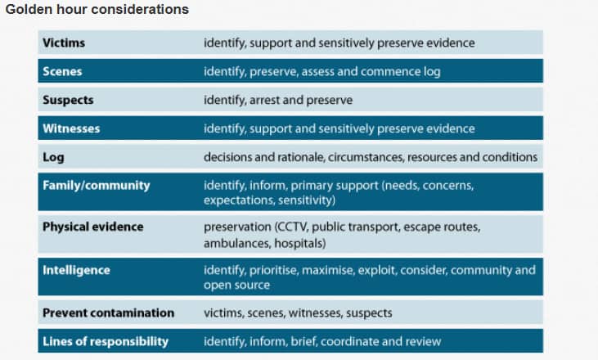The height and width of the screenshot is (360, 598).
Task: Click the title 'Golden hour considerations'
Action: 97,9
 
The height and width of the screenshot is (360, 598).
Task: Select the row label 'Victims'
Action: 64,43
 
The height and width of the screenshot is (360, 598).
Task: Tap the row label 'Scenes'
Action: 62,71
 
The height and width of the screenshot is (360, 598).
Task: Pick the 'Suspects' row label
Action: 68,100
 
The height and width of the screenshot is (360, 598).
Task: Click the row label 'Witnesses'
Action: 71,128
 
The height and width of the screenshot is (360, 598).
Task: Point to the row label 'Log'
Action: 53,157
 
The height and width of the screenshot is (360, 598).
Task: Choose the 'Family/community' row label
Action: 96,186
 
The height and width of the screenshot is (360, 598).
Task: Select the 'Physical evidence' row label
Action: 92,227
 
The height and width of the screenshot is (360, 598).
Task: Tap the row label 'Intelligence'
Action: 76,270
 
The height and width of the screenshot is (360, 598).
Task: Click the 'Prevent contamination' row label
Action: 108,313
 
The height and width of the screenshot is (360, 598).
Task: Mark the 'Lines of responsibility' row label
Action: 106,341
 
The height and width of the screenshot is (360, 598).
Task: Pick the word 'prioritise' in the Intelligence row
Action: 273,270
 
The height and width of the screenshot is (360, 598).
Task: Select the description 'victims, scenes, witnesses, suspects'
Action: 298,313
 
